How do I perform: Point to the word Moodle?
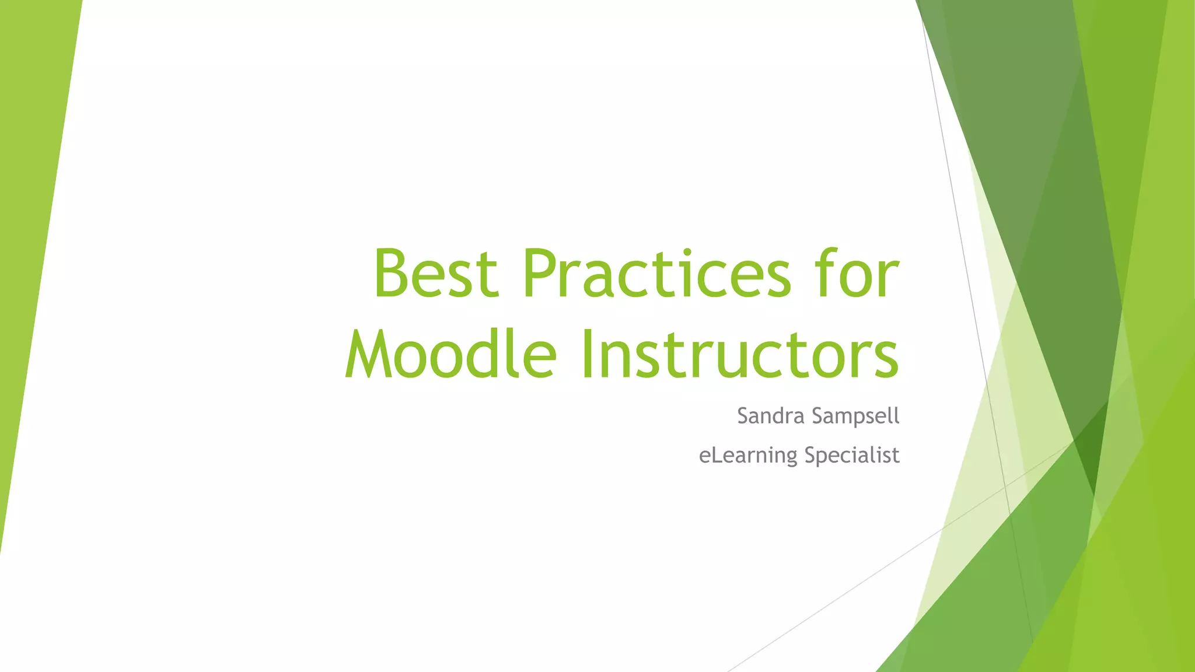(450, 355)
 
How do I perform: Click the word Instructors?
(739, 355)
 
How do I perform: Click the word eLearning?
(748, 456)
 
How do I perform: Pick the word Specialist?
(852, 456)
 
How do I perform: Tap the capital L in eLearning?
(716, 454)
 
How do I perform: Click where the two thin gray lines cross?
(1005, 486)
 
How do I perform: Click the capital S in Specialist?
(811, 454)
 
